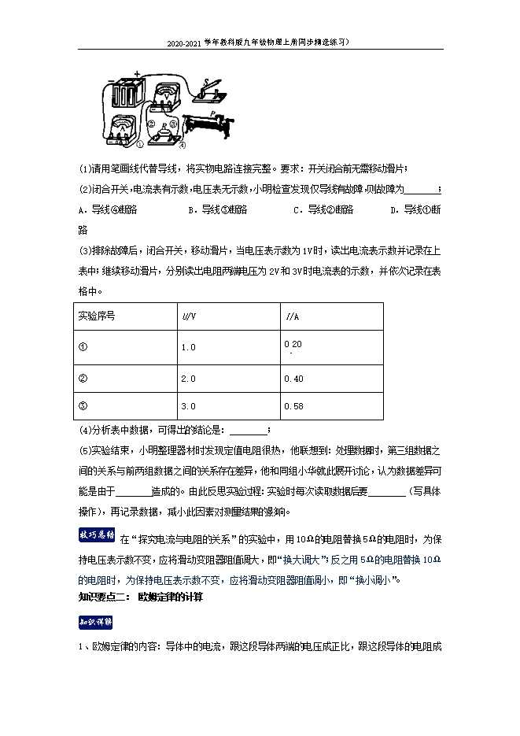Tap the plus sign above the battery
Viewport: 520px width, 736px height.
[137, 74]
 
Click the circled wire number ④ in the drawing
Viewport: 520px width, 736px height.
[181, 146]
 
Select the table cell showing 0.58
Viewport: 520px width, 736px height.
[293, 406]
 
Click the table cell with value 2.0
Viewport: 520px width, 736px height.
[189, 378]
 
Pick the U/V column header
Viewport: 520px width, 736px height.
[189, 316]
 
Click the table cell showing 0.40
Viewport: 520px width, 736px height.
[293, 378]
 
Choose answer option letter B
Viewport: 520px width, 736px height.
[191, 210]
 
